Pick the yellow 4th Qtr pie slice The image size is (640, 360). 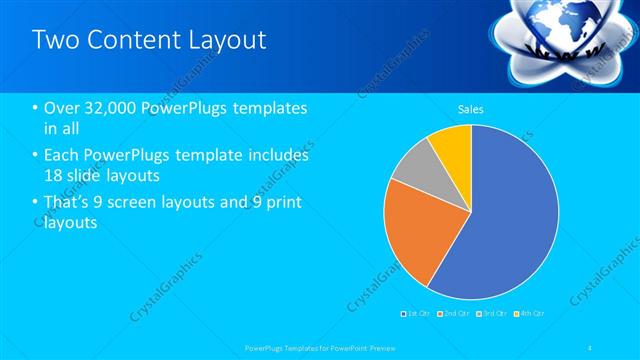453,144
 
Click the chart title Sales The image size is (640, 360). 471,108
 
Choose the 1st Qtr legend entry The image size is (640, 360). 415,313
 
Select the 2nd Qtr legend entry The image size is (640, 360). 456,313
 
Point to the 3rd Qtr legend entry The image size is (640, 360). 494,313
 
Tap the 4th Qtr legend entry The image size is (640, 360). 531,313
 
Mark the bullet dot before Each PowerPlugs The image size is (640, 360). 36,156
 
